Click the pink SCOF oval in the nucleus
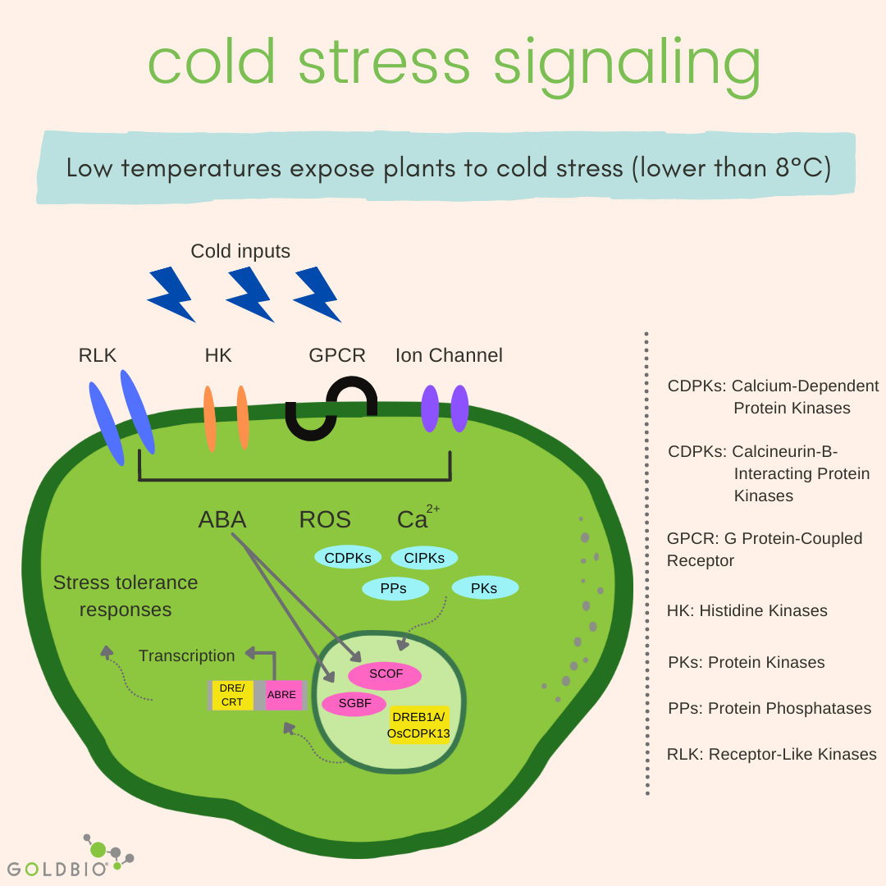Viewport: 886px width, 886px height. tap(385, 675)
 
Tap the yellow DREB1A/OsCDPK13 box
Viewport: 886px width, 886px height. tap(418, 724)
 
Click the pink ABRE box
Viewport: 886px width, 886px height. tap(281, 695)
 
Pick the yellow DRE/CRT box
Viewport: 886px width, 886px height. tap(232, 695)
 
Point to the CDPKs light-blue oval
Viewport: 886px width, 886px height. tap(348, 558)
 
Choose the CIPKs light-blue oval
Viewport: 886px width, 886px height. tap(424, 558)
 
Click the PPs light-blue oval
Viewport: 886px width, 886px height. tap(395, 588)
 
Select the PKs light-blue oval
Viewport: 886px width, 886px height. tap(486, 588)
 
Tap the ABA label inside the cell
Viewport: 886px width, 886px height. tap(221, 520)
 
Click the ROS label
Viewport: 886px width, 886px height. tap(325, 520)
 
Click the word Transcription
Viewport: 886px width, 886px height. tap(186, 655)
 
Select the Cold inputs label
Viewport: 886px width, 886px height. tap(240, 251)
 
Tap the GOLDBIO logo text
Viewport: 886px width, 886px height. tap(57, 868)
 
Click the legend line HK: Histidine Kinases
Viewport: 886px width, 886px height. tap(747, 610)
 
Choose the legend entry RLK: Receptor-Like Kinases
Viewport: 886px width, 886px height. tap(771, 754)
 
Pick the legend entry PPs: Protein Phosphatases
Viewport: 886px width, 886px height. tap(769, 708)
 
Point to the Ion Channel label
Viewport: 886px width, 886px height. tap(449, 355)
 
